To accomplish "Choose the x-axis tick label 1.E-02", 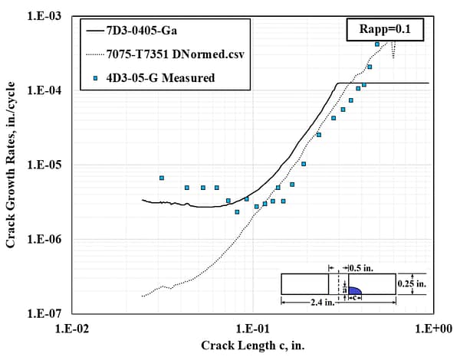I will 74,329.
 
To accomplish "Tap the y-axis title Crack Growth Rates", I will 11,165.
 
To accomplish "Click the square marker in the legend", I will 96,77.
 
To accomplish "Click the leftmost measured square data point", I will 162,178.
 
